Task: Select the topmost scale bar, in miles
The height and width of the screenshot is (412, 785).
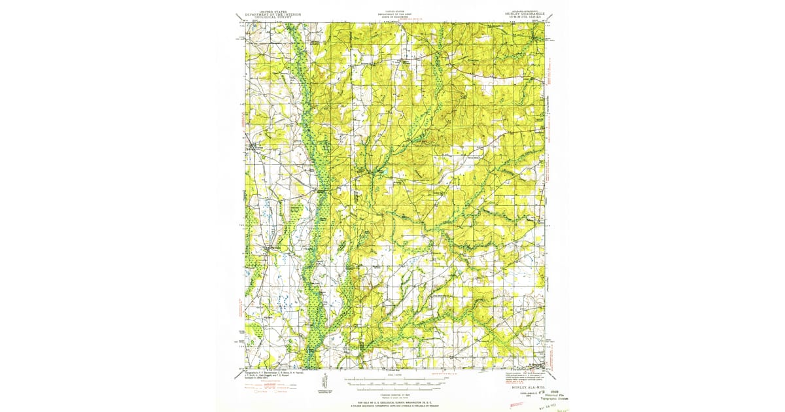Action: pyautogui.click(x=394, y=378)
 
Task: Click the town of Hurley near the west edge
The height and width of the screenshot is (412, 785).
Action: pyautogui.click(x=257, y=148)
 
